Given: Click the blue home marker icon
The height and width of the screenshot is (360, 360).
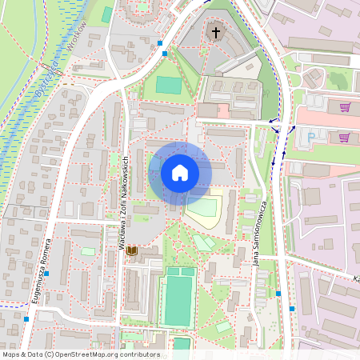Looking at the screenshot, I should point(180,172).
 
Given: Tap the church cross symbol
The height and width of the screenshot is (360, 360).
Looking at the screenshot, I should point(214,33).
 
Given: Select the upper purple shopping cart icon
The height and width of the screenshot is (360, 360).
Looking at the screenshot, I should point(345,107).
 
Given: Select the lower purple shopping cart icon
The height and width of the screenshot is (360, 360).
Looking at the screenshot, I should point(344,138).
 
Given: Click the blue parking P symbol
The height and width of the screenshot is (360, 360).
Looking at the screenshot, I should point(311,138).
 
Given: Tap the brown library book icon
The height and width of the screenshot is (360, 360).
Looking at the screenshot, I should point(132,251).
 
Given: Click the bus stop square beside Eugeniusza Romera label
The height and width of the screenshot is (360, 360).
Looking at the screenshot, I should point(47,274).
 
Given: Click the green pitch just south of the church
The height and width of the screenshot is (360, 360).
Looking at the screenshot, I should point(169,85).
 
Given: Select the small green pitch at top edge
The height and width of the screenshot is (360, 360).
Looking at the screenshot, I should point(107,14).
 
